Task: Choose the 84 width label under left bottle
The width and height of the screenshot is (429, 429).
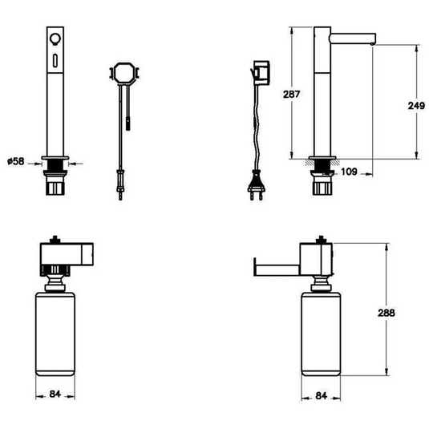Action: click(x=55, y=393)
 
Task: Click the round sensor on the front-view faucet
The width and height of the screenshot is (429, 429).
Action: click(x=55, y=40)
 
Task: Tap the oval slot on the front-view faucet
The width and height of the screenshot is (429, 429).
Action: click(x=55, y=61)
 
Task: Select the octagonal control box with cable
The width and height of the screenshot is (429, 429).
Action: click(x=123, y=73)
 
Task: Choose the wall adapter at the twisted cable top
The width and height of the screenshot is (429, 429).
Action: click(x=259, y=72)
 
